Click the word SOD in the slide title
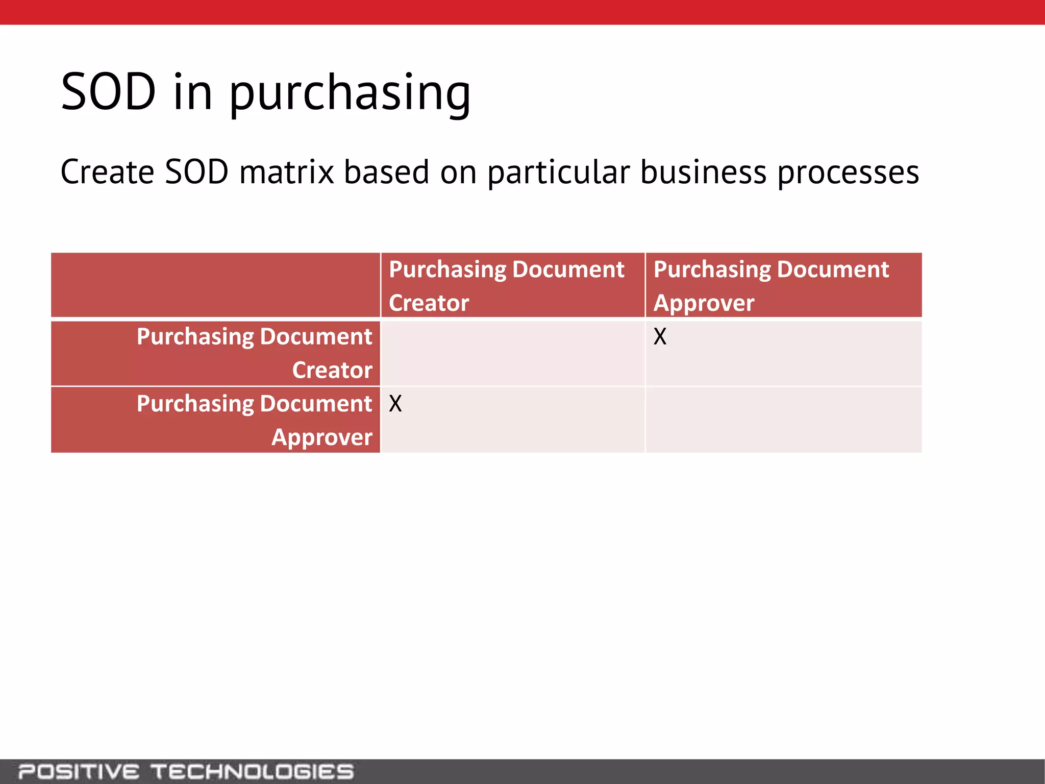tap(108, 92)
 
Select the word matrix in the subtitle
tap(286, 172)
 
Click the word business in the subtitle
tap(703, 172)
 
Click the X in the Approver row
tap(395, 404)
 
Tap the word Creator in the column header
tap(429, 303)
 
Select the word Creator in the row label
tap(332, 370)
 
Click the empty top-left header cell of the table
tap(215, 285)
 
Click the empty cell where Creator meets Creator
tap(512, 353)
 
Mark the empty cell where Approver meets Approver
tap(783, 420)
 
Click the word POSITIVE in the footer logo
tap(79, 771)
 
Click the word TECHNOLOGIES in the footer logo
tap(252, 771)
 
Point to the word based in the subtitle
tap(386, 172)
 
